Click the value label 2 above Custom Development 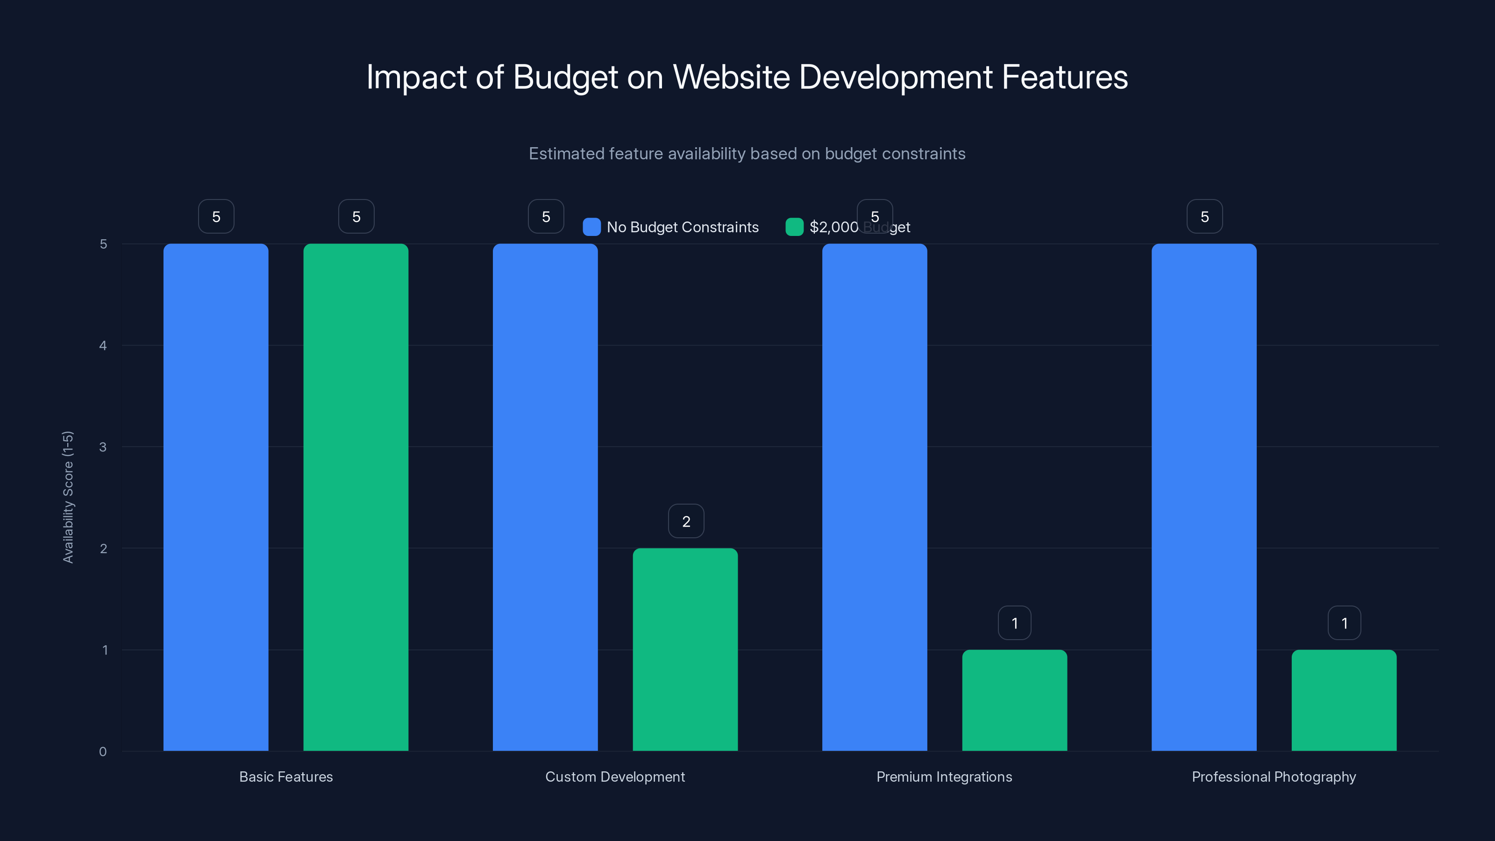pyautogui.click(x=686, y=521)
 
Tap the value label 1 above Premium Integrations pyautogui.click(x=1014, y=623)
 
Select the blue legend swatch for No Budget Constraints pyautogui.click(x=591, y=227)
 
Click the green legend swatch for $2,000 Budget pyautogui.click(x=794, y=227)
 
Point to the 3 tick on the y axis pyautogui.click(x=103, y=447)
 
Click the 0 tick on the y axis pyautogui.click(x=103, y=752)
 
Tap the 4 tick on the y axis pyautogui.click(x=103, y=345)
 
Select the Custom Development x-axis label pyautogui.click(x=615, y=777)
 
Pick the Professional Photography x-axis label pyautogui.click(x=1274, y=777)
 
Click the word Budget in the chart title pyautogui.click(x=565, y=77)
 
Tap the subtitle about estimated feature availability pyautogui.click(x=747, y=154)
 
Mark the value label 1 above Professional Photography pyautogui.click(x=1344, y=623)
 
